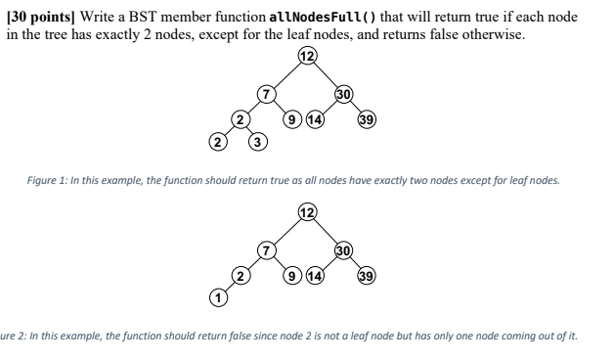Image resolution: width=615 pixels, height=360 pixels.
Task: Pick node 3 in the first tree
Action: (x=258, y=145)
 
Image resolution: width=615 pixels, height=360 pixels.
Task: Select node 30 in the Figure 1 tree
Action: (x=343, y=95)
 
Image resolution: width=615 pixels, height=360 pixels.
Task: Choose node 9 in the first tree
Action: (x=290, y=120)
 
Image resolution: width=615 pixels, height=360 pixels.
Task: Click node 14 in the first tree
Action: (x=315, y=120)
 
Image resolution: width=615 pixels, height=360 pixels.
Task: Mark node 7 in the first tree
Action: (x=264, y=95)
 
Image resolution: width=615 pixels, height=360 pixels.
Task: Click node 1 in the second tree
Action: (x=219, y=295)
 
